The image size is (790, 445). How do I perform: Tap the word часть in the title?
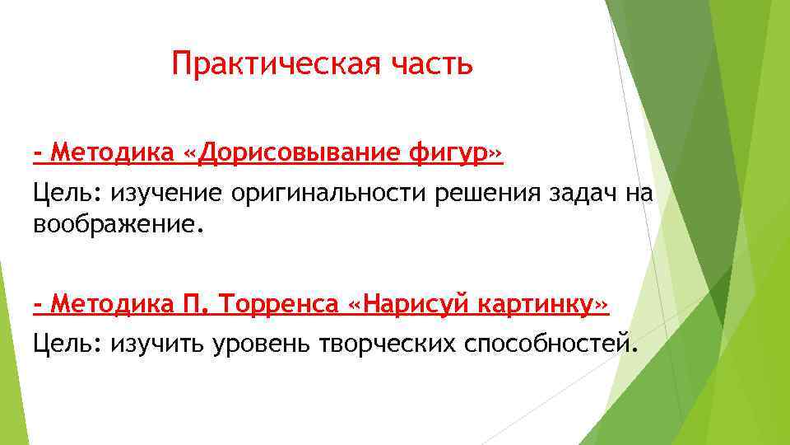click(x=433, y=64)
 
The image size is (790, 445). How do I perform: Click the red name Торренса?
click(x=279, y=306)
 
